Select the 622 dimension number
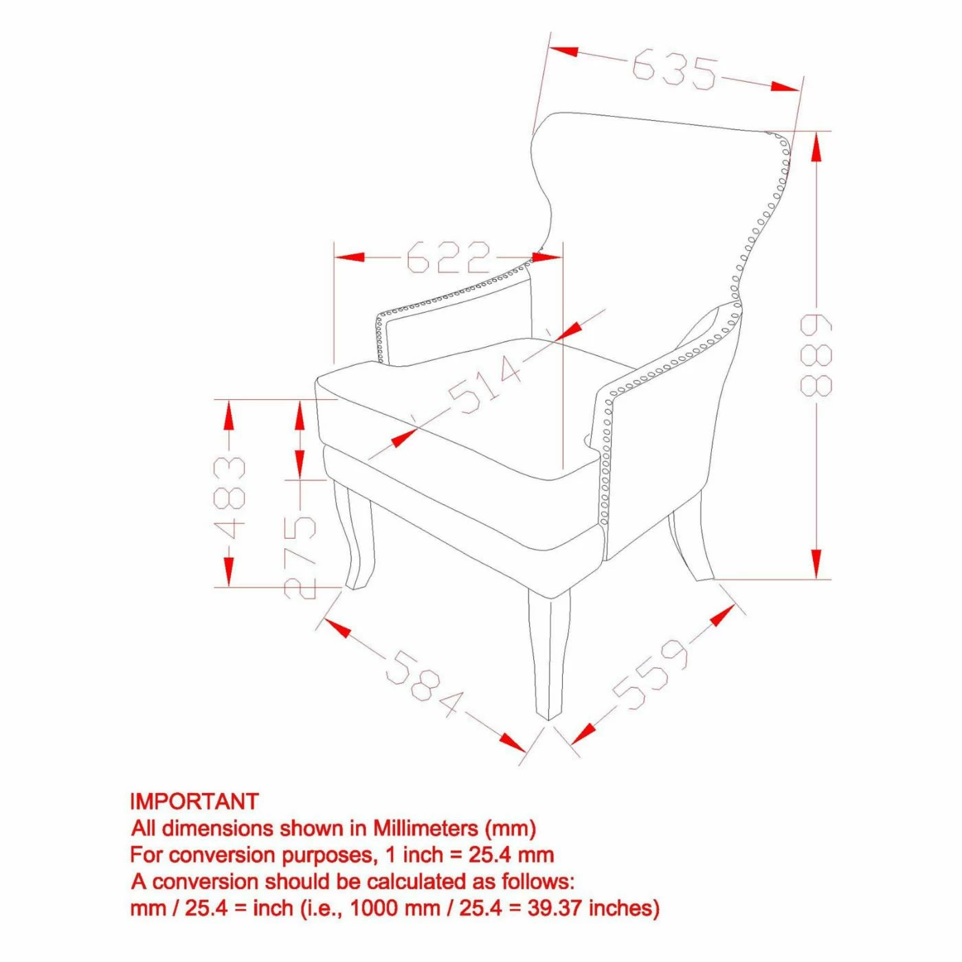click(x=449, y=257)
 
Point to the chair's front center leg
click(x=549, y=662)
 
